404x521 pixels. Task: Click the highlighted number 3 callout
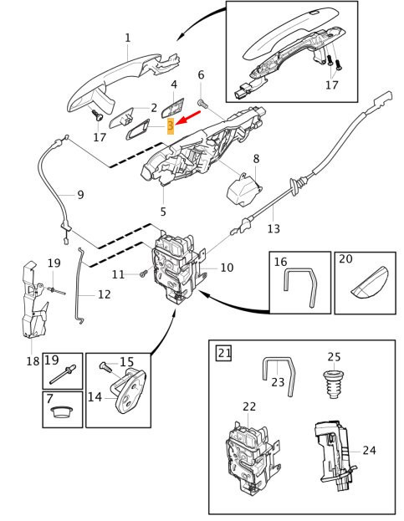[x=171, y=126]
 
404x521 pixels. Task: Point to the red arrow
[x=187, y=118]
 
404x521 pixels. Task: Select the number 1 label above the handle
[x=128, y=38]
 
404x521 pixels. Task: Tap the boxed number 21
[x=224, y=352]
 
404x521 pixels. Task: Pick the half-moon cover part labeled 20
[x=370, y=282]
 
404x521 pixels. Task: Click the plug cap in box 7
[x=62, y=412]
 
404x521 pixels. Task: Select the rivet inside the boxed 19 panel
[x=63, y=375]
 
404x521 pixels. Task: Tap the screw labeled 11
[x=144, y=273]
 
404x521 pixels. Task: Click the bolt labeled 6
[x=202, y=104]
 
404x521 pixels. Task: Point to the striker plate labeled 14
[x=130, y=390]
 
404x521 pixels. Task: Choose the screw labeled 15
[x=105, y=366]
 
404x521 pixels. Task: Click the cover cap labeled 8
[x=244, y=189]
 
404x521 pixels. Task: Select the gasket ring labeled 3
[x=137, y=129]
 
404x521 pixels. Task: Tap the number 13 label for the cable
[x=274, y=228]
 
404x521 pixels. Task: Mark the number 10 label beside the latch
[x=227, y=268]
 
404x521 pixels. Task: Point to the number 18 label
[x=33, y=360]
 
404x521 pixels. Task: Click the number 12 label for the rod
[x=104, y=294]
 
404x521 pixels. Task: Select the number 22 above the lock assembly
[x=249, y=406]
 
